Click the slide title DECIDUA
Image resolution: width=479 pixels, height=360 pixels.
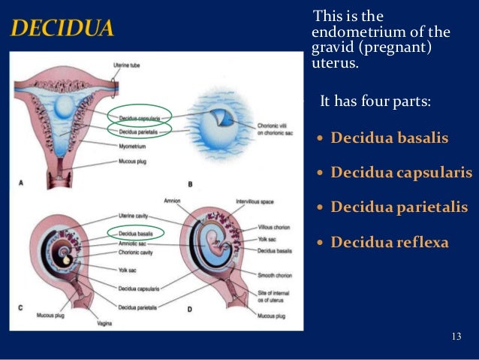(x=62, y=29)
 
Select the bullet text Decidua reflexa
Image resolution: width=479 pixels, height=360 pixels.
(x=389, y=242)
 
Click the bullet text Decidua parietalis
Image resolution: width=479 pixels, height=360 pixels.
(x=399, y=207)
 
